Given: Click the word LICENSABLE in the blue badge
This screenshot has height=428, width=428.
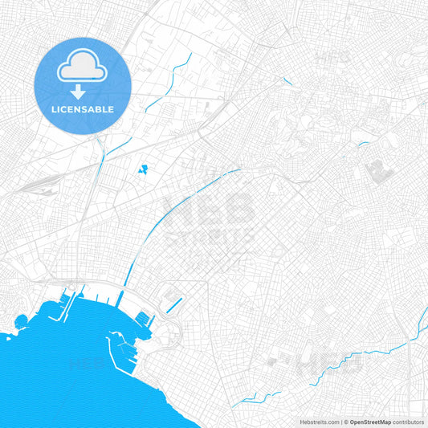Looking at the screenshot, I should (x=83, y=109).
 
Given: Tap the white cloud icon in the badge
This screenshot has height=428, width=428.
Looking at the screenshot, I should (x=83, y=67).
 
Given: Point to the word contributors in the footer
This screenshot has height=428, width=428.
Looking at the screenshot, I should (x=408, y=422).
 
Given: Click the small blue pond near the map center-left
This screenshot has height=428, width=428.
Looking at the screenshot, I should (x=144, y=169).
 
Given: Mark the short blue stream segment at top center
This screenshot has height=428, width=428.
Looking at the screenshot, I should (x=287, y=80).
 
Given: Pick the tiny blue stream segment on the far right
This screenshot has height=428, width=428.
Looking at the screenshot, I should (x=364, y=144).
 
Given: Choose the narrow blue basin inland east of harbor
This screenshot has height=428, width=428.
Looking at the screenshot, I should (x=176, y=304).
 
